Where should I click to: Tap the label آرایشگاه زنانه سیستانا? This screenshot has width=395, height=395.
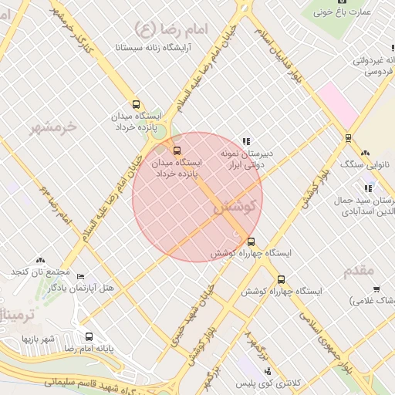(167, 47)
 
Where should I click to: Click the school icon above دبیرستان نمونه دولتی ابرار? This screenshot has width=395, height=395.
(246, 141)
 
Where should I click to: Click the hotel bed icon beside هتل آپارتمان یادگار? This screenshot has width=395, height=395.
(81, 276)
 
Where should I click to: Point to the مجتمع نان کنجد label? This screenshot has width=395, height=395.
(40, 273)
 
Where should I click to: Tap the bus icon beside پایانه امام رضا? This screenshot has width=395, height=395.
(88, 336)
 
